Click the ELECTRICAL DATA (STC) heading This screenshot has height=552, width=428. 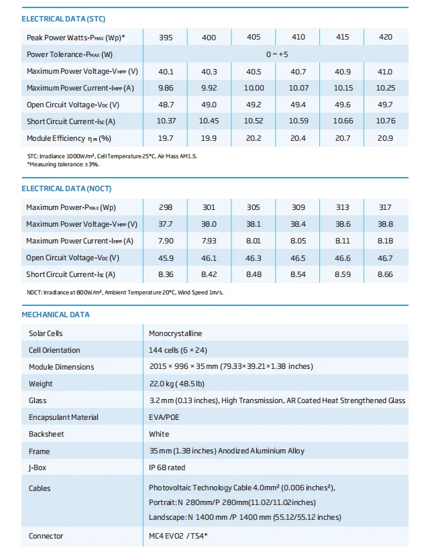pyautogui.click(x=63, y=19)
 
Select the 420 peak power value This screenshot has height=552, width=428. pyautogui.click(x=386, y=37)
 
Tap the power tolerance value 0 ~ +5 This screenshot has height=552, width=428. pyautogui.click(x=276, y=54)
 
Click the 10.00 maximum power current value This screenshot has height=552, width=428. pyautogui.click(x=254, y=88)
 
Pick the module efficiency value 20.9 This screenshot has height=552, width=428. pyautogui.click(x=386, y=138)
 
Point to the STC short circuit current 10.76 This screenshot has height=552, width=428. pyautogui.click(x=386, y=121)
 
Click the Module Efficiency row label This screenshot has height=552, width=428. pyautogui.click(x=68, y=138)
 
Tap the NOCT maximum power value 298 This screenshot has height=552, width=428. pyautogui.click(x=165, y=207)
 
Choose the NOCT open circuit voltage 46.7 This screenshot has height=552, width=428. pyautogui.click(x=386, y=258)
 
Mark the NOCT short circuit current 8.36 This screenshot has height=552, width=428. pyautogui.click(x=165, y=274)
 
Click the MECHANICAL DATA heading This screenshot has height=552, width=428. pyautogui.click(x=56, y=315)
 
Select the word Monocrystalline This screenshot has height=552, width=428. pyautogui.click(x=175, y=333)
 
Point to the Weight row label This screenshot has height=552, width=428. pyautogui.click(x=40, y=384)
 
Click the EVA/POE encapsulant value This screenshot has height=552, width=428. pyautogui.click(x=164, y=417)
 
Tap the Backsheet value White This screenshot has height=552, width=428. pyautogui.click(x=159, y=434)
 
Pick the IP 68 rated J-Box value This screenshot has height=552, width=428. pyautogui.click(x=167, y=467)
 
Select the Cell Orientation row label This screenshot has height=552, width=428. pyautogui.click(x=54, y=350)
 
